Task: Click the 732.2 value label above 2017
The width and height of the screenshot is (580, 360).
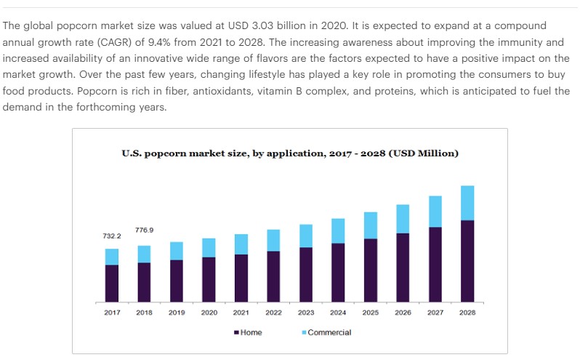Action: (111, 236)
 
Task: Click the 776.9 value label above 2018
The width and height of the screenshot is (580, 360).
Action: (144, 230)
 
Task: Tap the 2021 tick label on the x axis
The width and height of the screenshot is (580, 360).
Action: (241, 313)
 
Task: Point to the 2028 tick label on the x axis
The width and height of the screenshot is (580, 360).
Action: (467, 313)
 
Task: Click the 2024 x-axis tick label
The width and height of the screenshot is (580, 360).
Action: (338, 313)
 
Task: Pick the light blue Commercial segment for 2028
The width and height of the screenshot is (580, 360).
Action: (467, 202)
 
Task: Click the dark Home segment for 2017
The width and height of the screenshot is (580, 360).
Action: (111, 283)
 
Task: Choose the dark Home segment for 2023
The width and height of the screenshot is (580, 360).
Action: (306, 274)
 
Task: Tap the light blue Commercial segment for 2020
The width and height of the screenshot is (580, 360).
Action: (209, 247)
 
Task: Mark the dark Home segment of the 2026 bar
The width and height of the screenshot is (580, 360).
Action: (403, 267)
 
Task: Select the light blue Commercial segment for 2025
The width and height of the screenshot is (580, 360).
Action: (371, 225)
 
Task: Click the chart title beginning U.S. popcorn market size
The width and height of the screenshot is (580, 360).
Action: (289, 153)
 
